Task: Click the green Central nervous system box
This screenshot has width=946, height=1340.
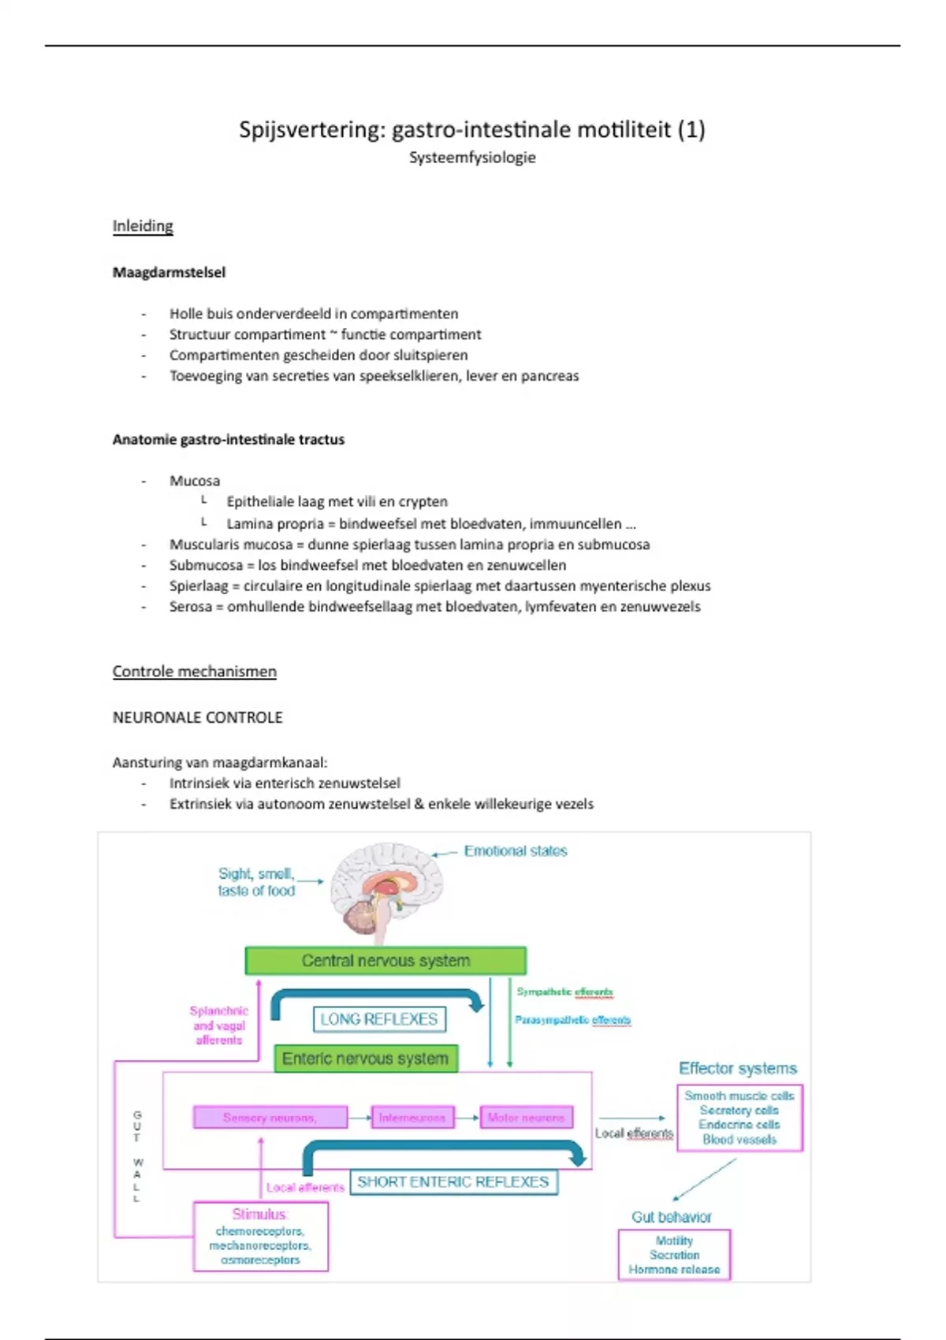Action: coord(385,961)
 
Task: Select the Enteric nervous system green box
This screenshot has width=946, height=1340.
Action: coord(365,1059)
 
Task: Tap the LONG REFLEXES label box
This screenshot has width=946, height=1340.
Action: coord(379,1019)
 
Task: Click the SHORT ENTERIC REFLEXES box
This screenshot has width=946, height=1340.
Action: coord(453,1182)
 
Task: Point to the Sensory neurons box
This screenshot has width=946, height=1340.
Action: coord(270,1118)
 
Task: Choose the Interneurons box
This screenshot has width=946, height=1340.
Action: coord(412,1118)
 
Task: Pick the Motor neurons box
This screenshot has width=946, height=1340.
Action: coord(526,1118)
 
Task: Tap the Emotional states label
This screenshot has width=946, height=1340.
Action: coord(516,851)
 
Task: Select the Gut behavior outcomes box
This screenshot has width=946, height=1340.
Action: coord(674,1255)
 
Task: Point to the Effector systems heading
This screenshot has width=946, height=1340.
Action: coord(738,1069)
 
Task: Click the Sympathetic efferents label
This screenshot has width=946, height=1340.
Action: coord(564,992)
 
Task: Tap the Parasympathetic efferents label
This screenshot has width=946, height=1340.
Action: coord(573,1020)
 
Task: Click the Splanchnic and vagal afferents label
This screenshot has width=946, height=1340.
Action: coord(219,1025)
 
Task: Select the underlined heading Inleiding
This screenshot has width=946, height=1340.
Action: coord(143,226)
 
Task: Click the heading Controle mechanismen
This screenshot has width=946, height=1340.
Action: coord(195,672)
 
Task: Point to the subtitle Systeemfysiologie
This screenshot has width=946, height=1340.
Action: coord(472,158)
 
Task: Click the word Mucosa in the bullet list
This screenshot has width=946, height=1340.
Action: coord(195,481)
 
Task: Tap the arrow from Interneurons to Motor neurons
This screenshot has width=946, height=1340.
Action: coord(467,1118)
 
